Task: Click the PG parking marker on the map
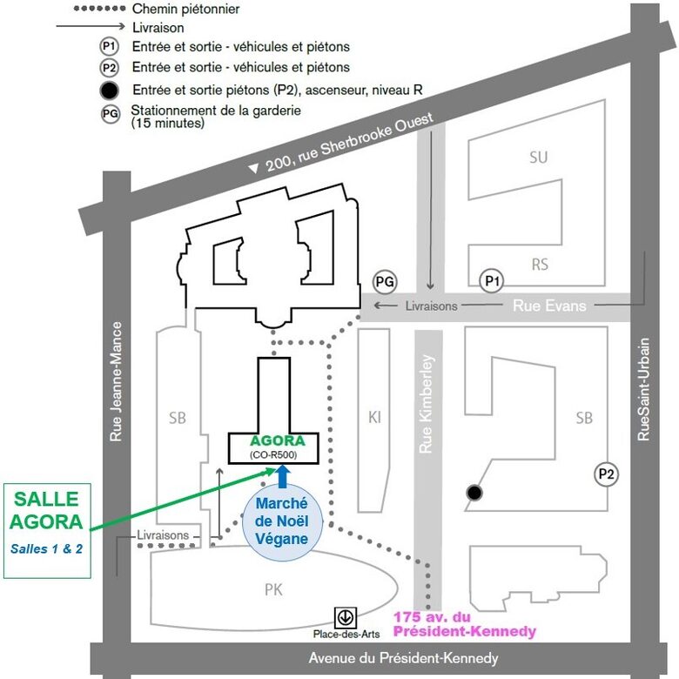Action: tap(385, 281)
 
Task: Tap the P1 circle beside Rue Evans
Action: tap(493, 280)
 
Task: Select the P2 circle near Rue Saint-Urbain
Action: tap(607, 474)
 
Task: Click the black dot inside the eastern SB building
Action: tap(474, 494)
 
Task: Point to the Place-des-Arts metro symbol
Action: tap(346, 616)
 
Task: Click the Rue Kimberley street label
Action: tap(427, 403)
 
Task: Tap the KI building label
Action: tap(374, 417)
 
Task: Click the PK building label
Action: tap(273, 589)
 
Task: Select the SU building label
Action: tap(539, 158)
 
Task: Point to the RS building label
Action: tap(540, 264)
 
